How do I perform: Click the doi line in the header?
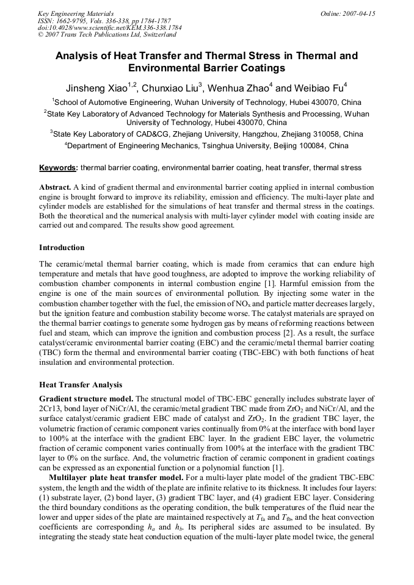(x=109, y=27)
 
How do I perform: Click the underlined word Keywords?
(x=58, y=168)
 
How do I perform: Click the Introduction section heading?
(x=62, y=248)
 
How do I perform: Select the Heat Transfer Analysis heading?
(x=81, y=385)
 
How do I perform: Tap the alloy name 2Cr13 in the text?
(x=51, y=408)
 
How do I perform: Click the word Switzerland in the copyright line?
(x=149, y=35)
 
